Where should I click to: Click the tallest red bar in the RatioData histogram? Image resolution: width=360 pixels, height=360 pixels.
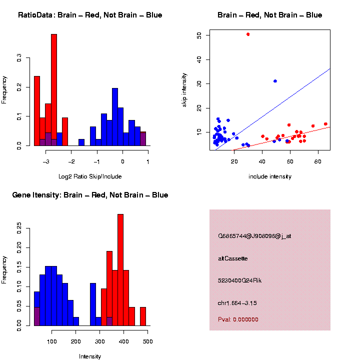coord(54,90)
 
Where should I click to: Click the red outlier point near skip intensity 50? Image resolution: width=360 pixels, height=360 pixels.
coord(248,34)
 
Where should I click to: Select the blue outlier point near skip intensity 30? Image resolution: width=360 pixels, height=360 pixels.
coord(275,81)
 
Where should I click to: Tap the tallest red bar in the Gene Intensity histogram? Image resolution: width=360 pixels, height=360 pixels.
coord(120,270)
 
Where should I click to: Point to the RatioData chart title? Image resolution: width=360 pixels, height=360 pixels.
coord(90,15)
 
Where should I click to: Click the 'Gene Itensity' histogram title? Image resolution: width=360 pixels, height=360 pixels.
coord(90,195)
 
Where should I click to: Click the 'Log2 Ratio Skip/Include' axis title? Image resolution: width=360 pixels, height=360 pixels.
coord(90,176)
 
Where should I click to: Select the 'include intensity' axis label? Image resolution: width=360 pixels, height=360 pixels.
coord(270,176)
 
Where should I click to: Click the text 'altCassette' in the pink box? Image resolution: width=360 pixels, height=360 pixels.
coord(233,258)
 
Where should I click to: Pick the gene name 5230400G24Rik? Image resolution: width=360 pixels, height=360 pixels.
coord(240,280)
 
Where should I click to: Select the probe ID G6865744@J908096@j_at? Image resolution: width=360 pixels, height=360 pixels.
coord(254,236)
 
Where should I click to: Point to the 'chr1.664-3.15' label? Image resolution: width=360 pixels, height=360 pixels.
coord(237,303)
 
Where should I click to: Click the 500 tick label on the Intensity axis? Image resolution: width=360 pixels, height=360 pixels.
coord(147,341)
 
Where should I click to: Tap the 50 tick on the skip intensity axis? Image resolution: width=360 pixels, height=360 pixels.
coord(199,35)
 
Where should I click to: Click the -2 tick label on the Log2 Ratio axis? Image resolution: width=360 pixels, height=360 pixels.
coord(71,161)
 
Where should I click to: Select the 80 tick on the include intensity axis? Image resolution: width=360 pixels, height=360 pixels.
coord(318,161)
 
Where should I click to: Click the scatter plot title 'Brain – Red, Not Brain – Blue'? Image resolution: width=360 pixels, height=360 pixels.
coord(270,15)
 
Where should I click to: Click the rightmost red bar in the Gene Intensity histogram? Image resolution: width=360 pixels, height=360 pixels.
coord(143,316)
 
